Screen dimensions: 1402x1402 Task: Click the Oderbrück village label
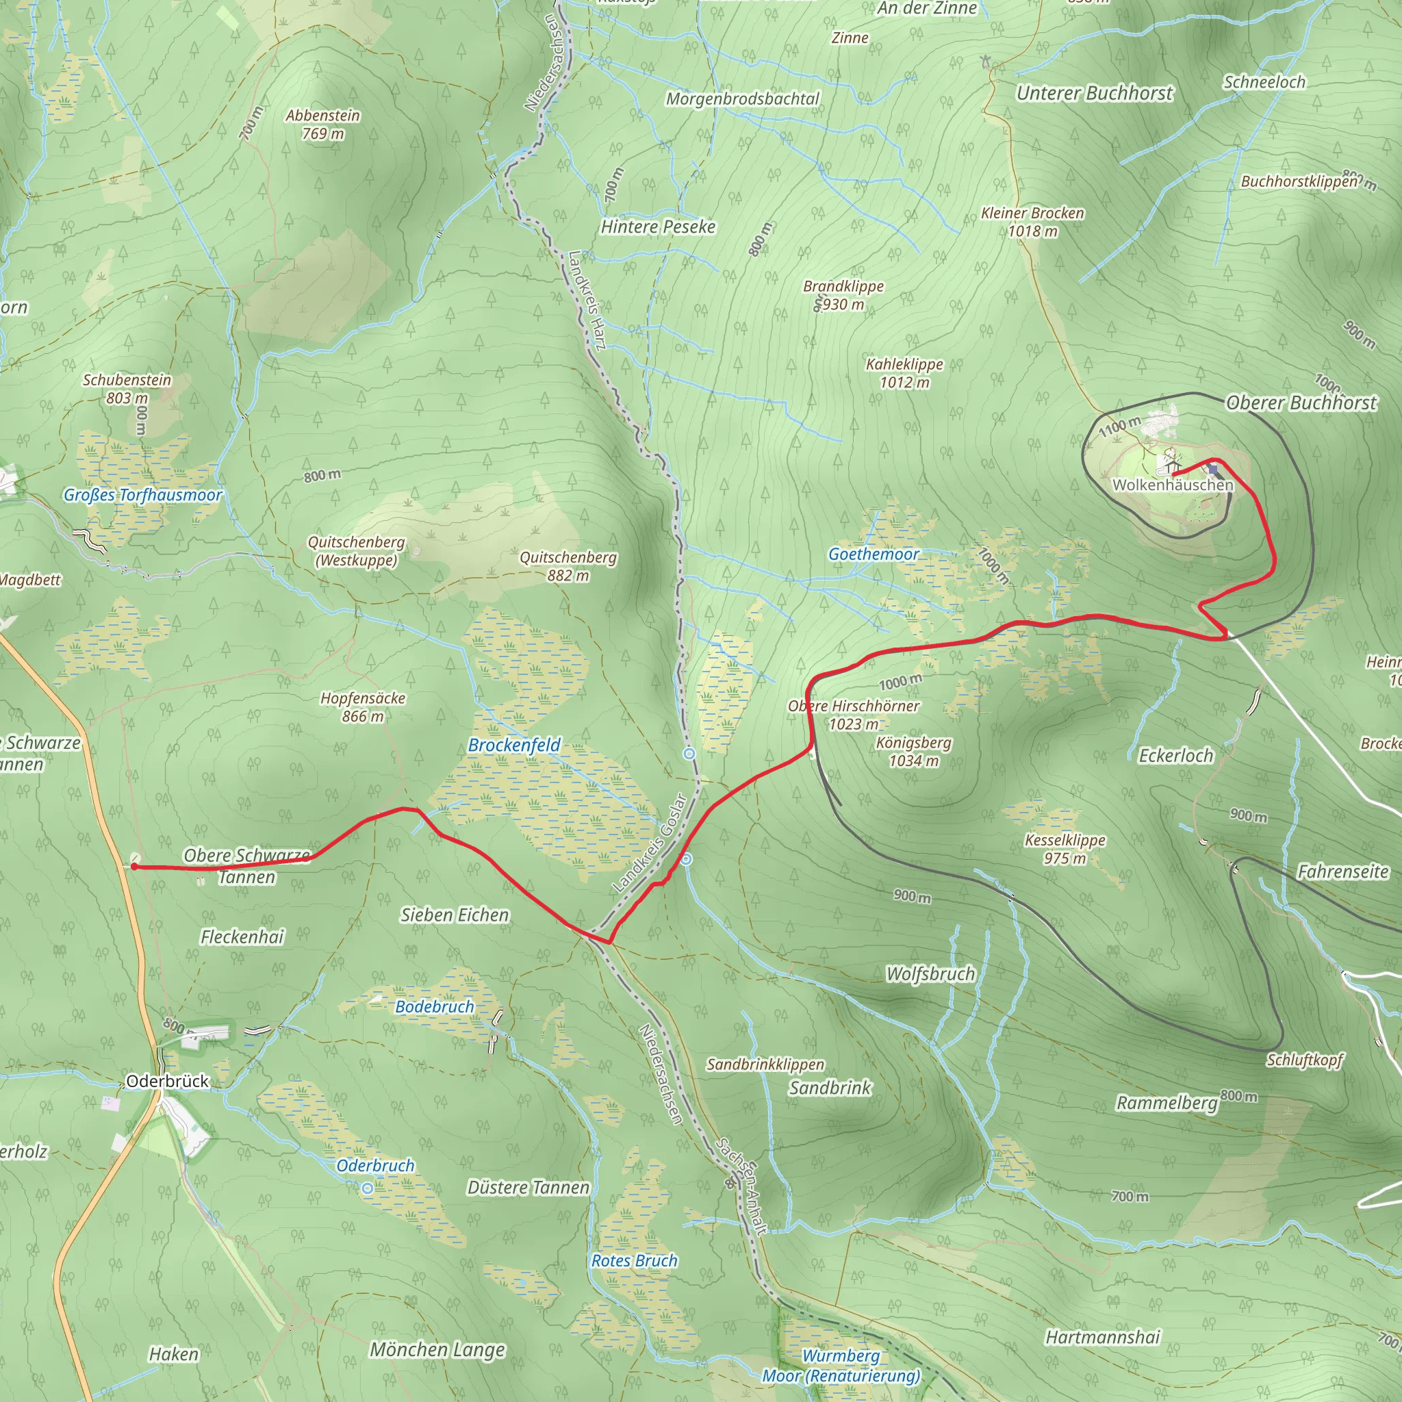click(168, 1081)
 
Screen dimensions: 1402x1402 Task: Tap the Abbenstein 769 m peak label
click(322, 124)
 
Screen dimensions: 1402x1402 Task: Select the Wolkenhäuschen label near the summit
click(1172, 485)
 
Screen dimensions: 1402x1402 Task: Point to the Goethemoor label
click(874, 555)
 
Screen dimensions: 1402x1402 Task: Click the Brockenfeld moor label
click(515, 745)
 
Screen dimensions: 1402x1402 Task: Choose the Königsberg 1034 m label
click(914, 752)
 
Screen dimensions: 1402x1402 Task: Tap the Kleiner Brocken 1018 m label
click(1032, 222)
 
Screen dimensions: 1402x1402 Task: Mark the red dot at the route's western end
click(134, 867)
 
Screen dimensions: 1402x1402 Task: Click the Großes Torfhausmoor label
click(143, 495)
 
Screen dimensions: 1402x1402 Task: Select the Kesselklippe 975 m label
click(1065, 849)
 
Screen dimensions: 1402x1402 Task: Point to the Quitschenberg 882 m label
click(568, 566)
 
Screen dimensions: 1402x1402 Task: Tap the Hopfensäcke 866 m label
click(363, 706)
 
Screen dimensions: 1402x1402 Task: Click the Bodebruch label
click(434, 1006)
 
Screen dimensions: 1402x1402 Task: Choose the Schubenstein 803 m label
click(127, 388)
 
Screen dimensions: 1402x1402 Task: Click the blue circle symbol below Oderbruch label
click(368, 1188)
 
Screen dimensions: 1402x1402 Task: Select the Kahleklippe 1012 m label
click(904, 373)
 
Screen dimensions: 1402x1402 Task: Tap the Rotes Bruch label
click(634, 1260)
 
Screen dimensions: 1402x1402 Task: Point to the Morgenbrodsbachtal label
click(742, 99)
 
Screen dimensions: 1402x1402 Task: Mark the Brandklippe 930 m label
click(843, 294)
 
